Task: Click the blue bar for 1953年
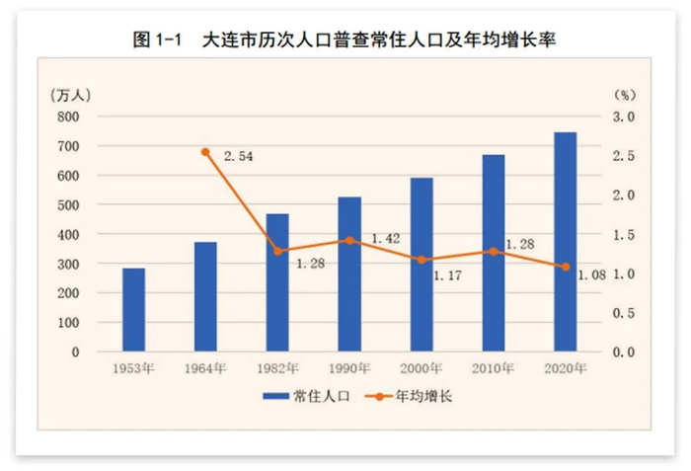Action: [x=133, y=310]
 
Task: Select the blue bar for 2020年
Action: [x=565, y=242]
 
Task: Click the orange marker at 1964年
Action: [x=205, y=152]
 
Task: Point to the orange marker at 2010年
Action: [x=494, y=251]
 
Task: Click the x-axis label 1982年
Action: [x=277, y=369]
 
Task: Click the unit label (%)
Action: [x=625, y=95]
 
